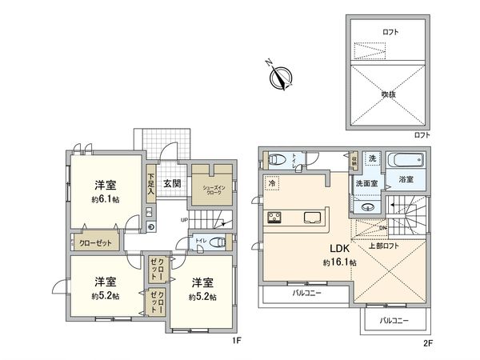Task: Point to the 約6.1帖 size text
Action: click(x=104, y=199)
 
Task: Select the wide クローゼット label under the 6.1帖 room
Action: click(x=95, y=242)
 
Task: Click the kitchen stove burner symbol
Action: click(x=275, y=217)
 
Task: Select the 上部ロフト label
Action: click(x=386, y=246)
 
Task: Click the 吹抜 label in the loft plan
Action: click(x=389, y=94)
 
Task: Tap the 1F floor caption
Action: click(x=237, y=339)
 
